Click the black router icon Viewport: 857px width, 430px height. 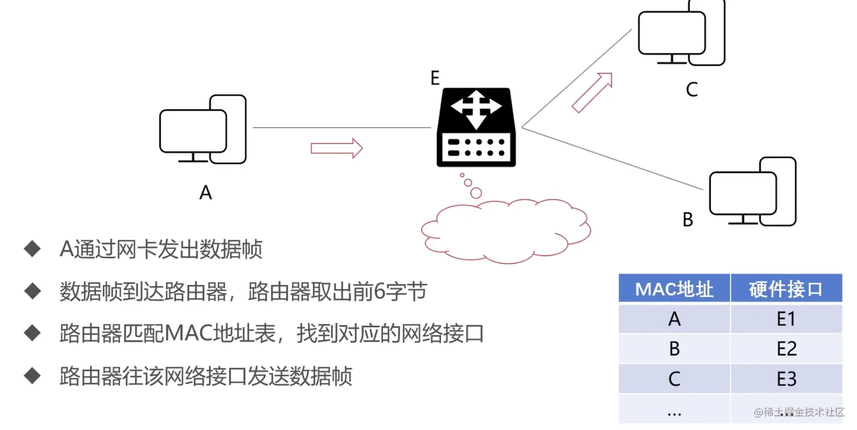pyautogui.click(x=476, y=127)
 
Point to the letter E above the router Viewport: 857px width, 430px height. pyautogui.click(x=435, y=78)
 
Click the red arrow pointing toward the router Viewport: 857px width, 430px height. pyautogui.click(x=336, y=148)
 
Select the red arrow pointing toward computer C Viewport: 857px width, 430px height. pyautogui.click(x=592, y=92)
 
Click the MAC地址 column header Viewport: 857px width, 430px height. pyautogui.click(x=674, y=289)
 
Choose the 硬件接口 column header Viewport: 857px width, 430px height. pyautogui.click(x=786, y=289)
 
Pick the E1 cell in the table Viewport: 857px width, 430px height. pyautogui.click(x=786, y=320)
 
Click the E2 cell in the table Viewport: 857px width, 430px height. pyautogui.click(x=786, y=349)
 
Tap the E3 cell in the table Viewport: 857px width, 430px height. pyautogui.click(x=786, y=378)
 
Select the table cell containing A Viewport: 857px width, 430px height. pyautogui.click(x=674, y=320)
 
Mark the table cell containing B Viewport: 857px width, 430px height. pyautogui.click(x=674, y=349)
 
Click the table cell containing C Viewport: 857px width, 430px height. pyautogui.click(x=674, y=378)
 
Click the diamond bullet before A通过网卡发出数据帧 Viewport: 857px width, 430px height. pyautogui.click(x=32, y=249)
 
